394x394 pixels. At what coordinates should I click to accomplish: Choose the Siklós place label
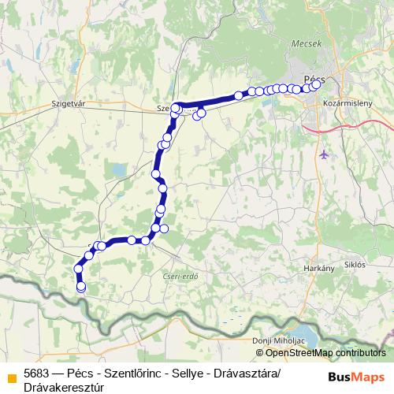coord(355,265)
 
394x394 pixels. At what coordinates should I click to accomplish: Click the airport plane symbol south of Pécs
coord(325,153)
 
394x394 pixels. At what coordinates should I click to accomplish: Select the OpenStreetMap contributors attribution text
coord(325,353)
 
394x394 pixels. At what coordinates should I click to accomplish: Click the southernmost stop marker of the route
coord(80,288)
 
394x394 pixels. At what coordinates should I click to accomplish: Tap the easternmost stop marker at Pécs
coord(317,84)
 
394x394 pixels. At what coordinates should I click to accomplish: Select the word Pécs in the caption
coord(87,373)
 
